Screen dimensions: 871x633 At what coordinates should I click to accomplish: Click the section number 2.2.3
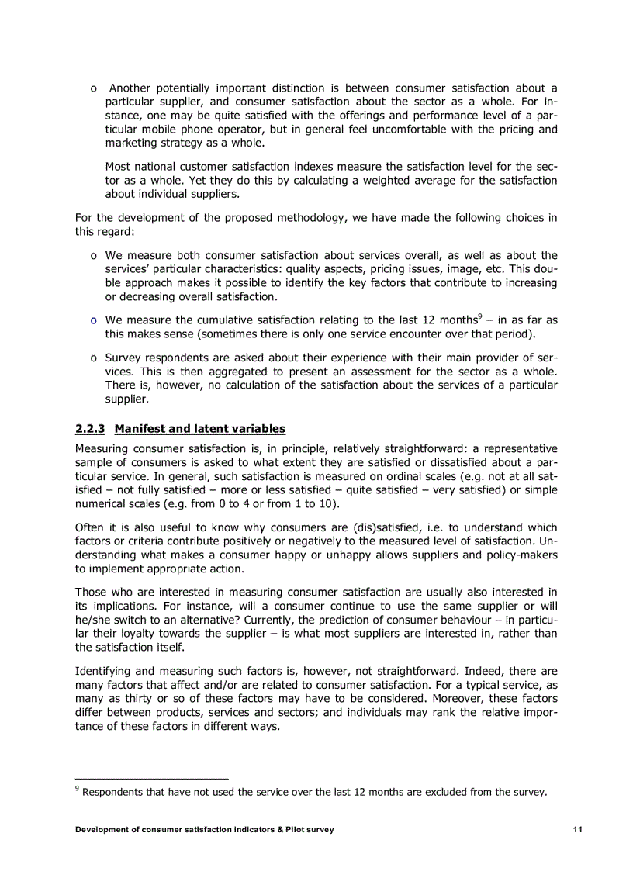click(x=90, y=428)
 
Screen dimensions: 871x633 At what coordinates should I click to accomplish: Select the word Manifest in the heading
click(x=140, y=428)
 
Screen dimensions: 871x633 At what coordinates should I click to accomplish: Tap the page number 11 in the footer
click(x=577, y=829)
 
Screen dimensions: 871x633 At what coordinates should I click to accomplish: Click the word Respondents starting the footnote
click(x=112, y=792)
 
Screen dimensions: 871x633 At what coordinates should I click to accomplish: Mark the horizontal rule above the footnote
click(x=151, y=778)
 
